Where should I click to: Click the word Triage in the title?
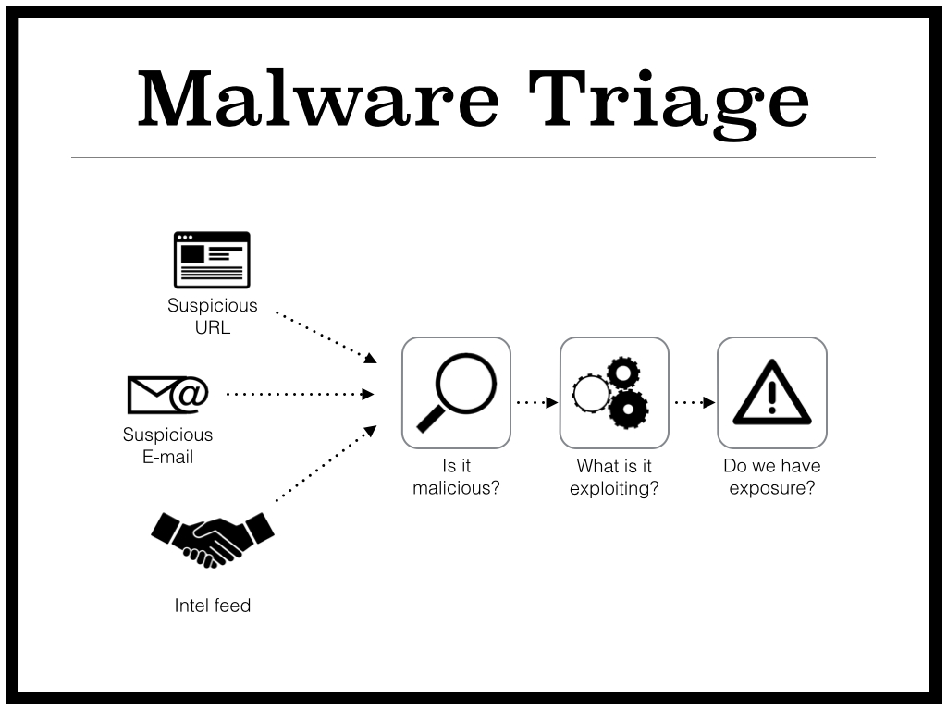(x=668, y=100)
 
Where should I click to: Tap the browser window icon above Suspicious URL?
(x=212, y=260)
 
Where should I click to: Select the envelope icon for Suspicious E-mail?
(x=151, y=395)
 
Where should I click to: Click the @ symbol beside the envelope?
(x=189, y=394)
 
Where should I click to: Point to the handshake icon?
(x=212, y=538)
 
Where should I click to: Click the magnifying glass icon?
(x=456, y=393)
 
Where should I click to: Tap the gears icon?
(x=613, y=393)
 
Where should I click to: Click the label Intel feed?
(x=212, y=606)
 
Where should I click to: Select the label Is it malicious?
(x=456, y=477)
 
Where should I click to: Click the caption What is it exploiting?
(x=614, y=477)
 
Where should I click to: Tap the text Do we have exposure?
(x=772, y=477)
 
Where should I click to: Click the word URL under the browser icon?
(x=212, y=327)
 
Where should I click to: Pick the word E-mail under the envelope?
(x=168, y=457)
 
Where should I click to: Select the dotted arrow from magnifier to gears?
(x=536, y=402)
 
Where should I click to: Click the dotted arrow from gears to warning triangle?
(x=695, y=402)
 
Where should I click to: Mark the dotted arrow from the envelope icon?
(x=299, y=394)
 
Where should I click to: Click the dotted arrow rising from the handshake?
(x=325, y=462)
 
